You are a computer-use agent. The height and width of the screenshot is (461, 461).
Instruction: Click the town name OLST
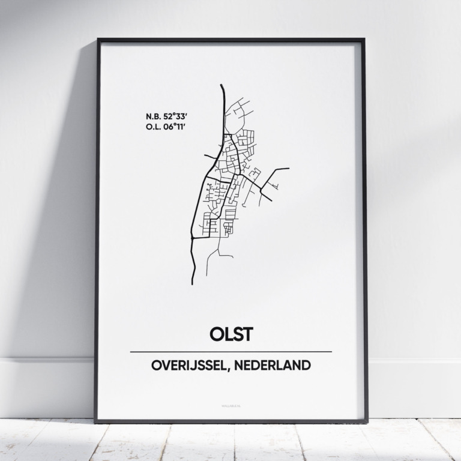tap(230, 333)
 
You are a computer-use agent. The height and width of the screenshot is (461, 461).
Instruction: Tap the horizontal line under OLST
tap(230, 351)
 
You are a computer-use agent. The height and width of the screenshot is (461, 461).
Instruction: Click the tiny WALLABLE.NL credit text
tap(230, 408)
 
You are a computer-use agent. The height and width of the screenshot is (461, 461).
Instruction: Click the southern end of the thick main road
tap(193, 283)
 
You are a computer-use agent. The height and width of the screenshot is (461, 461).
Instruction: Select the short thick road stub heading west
tap(208, 157)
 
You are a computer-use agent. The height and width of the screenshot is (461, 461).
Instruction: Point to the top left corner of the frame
tap(98, 40)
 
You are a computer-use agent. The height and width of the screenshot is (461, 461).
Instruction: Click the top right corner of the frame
tap(364, 40)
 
